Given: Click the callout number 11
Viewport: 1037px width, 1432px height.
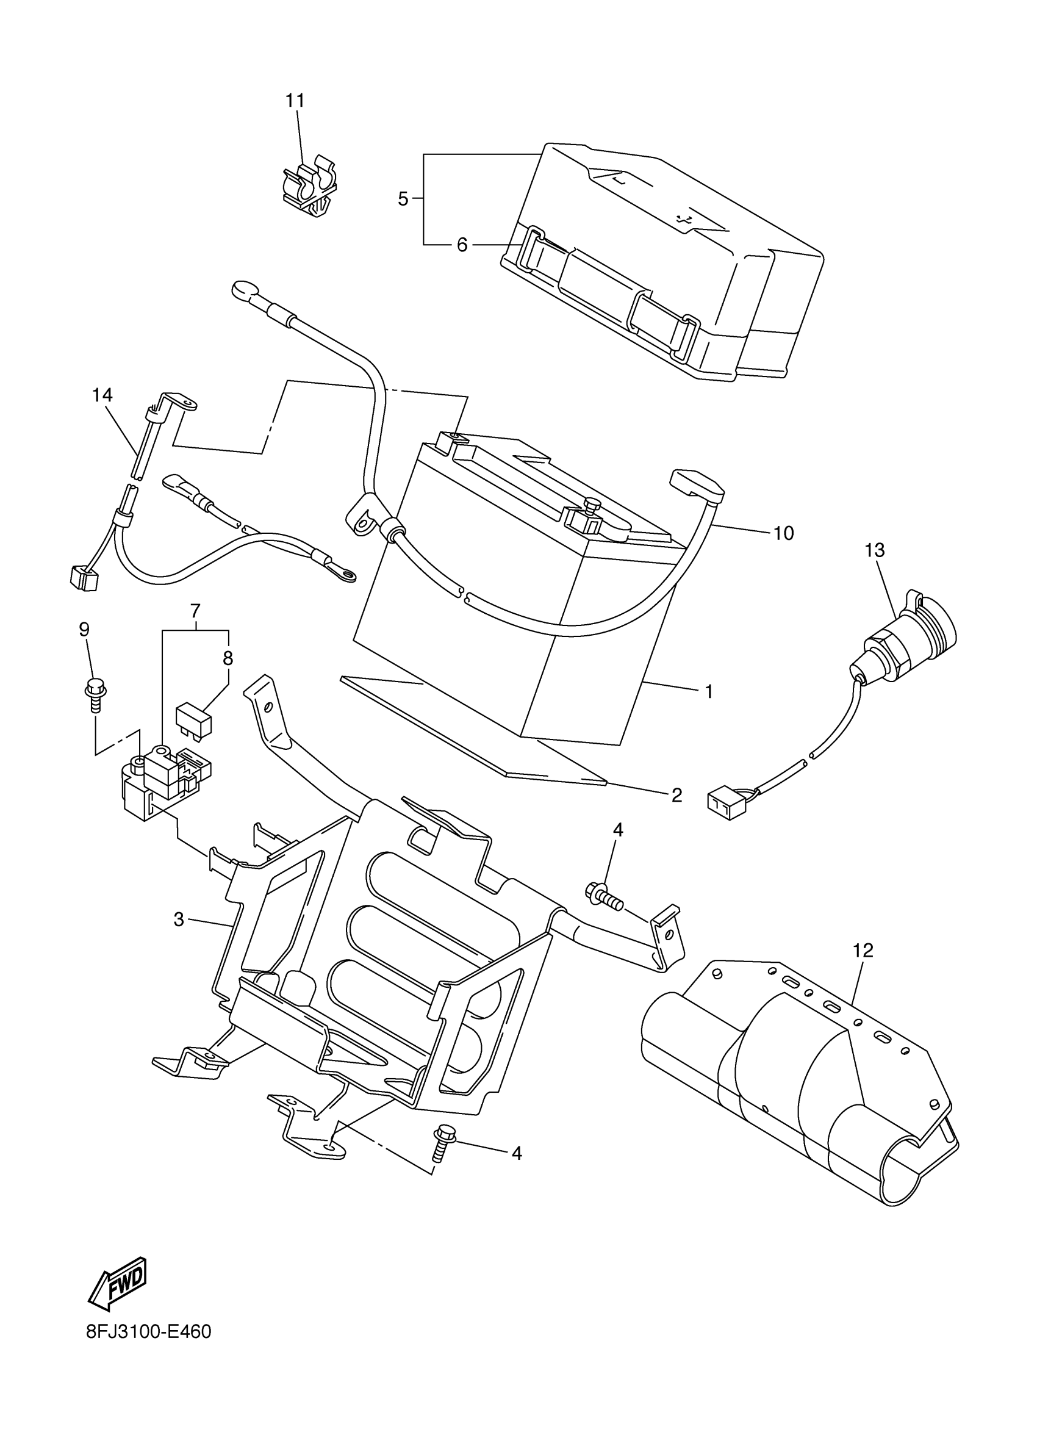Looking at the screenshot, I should (x=295, y=101).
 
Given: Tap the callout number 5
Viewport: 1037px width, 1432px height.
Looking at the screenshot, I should (x=403, y=199).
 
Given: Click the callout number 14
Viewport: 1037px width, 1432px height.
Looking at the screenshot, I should (x=102, y=395).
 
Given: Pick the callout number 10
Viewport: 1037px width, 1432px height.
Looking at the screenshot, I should (x=783, y=533).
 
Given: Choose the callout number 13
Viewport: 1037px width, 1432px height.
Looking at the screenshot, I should (x=874, y=550).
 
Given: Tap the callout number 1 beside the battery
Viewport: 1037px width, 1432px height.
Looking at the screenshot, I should (x=709, y=691).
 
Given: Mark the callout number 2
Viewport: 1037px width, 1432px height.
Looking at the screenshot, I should (x=676, y=795).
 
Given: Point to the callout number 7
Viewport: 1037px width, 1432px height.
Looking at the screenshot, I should (x=195, y=611).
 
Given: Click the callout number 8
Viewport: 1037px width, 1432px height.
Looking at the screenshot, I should (x=228, y=658).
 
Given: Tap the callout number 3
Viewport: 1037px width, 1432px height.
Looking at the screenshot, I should (x=179, y=920).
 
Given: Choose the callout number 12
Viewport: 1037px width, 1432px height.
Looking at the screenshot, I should (x=863, y=949).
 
